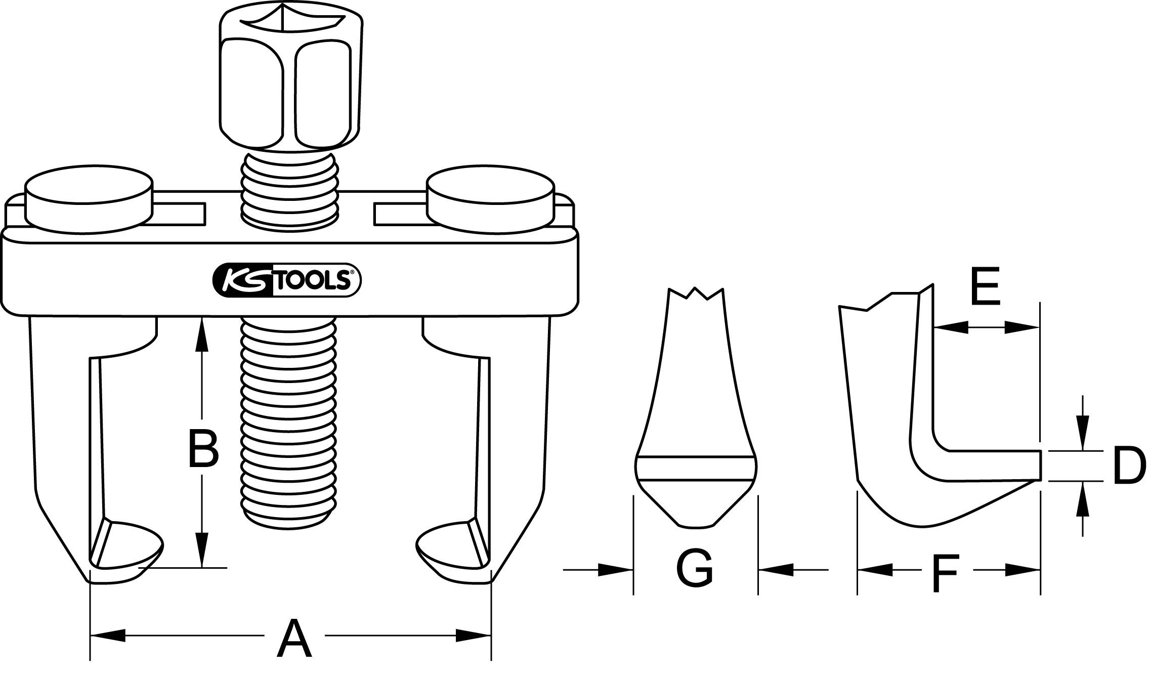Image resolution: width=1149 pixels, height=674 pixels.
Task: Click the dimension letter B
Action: [x=203, y=448]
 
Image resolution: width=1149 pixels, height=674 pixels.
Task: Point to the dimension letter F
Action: [x=945, y=573]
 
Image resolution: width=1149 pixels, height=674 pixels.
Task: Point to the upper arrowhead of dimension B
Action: [x=202, y=334]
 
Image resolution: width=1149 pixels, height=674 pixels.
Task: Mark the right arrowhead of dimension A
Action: [x=474, y=636]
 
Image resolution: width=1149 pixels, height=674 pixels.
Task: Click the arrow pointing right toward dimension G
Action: [x=615, y=570]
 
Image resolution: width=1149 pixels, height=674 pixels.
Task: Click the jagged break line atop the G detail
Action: [x=696, y=293]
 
